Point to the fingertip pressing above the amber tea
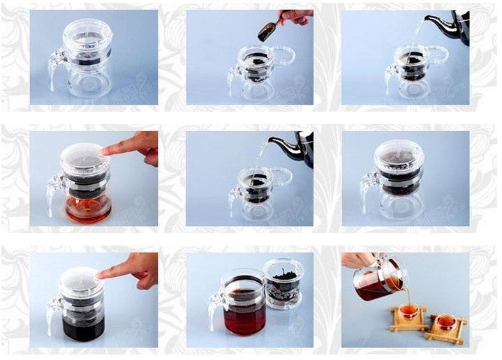pos(107,150)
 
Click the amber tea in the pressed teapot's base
pos(87,208)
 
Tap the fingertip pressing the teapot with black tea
pos(103,273)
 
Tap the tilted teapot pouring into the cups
pos(377,279)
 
